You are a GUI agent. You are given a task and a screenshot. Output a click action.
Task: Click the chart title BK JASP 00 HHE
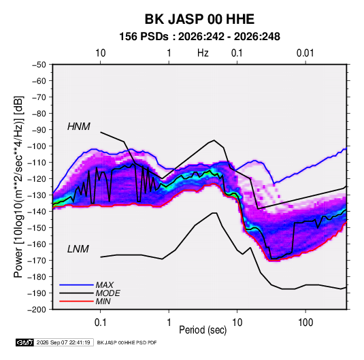click(199, 19)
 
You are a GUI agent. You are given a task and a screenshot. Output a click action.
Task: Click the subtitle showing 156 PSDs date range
click(199, 37)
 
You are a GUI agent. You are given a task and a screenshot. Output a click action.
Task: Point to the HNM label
click(79, 127)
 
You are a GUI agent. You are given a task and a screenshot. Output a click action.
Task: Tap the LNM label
click(78, 249)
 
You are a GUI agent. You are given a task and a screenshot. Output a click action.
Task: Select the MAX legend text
click(105, 285)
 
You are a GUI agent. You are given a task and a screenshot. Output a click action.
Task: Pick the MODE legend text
click(108, 293)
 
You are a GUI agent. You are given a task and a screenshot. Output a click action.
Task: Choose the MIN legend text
click(103, 301)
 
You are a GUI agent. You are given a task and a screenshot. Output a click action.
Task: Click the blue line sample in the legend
click(76, 285)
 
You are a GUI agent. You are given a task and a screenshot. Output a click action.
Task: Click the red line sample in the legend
click(76, 301)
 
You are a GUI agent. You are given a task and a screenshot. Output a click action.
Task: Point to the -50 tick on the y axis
click(39, 65)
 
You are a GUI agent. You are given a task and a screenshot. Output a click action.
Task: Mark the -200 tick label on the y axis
click(37, 310)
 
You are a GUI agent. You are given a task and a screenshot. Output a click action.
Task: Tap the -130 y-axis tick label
click(37, 195)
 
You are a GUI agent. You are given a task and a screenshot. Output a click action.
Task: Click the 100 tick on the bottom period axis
click(305, 323)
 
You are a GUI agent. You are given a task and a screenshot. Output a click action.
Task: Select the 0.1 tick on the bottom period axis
click(100, 323)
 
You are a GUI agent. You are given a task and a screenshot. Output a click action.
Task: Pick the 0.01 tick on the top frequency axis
click(305, 53)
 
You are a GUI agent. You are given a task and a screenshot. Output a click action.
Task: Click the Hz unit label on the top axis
click(203, 53)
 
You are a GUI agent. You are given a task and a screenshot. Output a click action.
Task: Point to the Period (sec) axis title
click(203, 330)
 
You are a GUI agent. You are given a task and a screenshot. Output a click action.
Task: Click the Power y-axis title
click(18, 186)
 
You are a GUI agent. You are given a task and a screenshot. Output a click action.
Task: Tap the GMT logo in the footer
click(25, 342)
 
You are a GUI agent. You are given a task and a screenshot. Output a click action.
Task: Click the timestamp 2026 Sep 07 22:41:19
click(63, 342)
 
